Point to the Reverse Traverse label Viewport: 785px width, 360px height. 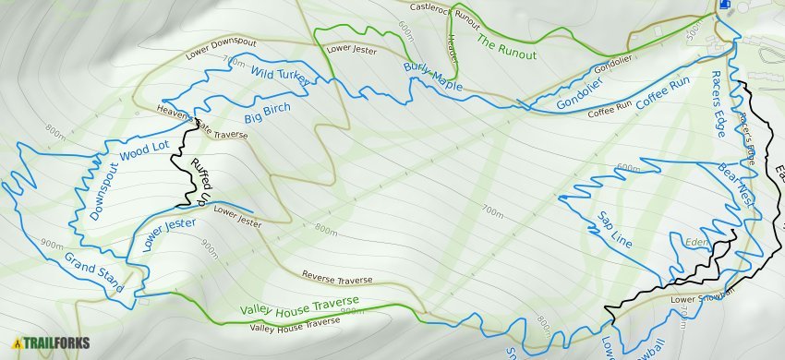tap(337, 278)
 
